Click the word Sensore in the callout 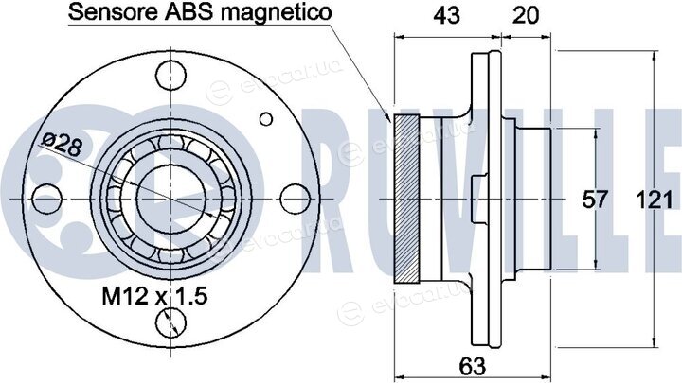click(x=112, y=11)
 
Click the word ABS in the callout click(x=189, y=11)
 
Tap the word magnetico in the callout click(x=277, y=12)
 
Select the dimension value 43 click(x=447, y=16)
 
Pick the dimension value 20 click(x=526, y=16)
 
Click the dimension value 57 click(x=595, y=200)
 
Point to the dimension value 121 click(x=655, y=200)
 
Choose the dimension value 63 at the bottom click(x=473, y=366)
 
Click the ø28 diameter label click(x=62, y=144)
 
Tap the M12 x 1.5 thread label click(x=154, y=296)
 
